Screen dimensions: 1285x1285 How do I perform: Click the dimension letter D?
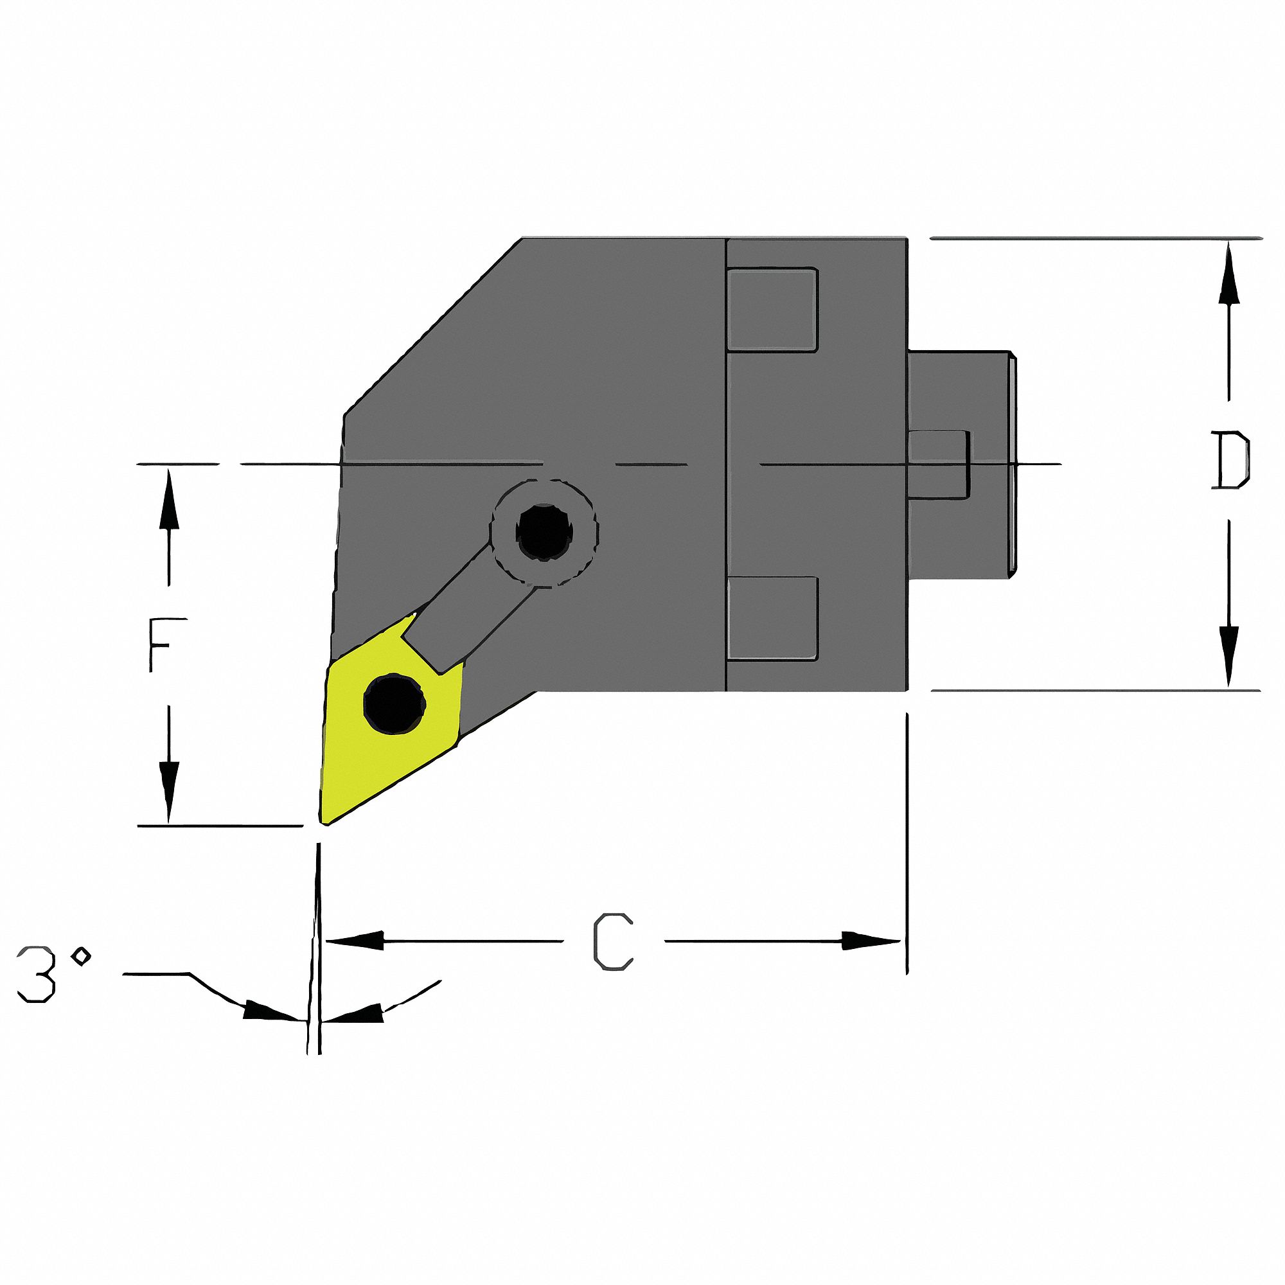(x=1229, y=460)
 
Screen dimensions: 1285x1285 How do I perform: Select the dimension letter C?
(x=612, y=942)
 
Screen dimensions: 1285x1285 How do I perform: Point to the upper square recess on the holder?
(x=772, y=309)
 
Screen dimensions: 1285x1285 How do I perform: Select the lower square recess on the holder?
(x=772, y=619)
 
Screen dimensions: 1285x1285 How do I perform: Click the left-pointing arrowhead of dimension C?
(x=353, y=941)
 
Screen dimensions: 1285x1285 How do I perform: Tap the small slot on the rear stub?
(x=938, y=464)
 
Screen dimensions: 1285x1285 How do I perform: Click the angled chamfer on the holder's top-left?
(x=432, y=326)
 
